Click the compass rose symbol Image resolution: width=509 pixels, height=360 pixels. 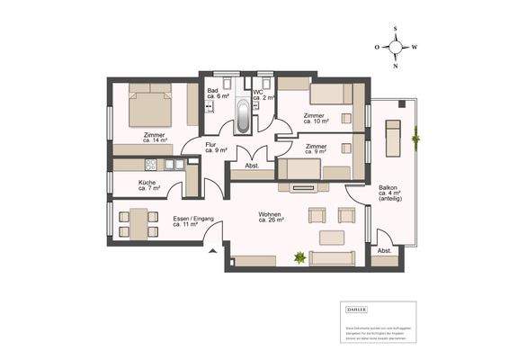pos(395,47)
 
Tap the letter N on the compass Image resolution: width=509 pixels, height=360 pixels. pos(395,65)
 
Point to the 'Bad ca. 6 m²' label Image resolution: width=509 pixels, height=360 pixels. pos(216,94)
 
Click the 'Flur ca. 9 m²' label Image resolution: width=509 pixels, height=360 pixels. pos(214,148)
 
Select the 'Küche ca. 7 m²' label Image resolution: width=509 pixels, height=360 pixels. pos(148,186)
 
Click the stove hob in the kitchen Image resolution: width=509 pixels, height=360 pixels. pos(149,164)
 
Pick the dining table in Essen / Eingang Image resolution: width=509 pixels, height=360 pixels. pos(135,222)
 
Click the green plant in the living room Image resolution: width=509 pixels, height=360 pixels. pos(299,259)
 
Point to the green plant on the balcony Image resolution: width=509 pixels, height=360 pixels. pos(415,139)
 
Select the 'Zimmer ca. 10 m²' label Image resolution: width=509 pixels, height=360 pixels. pos(315,118)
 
